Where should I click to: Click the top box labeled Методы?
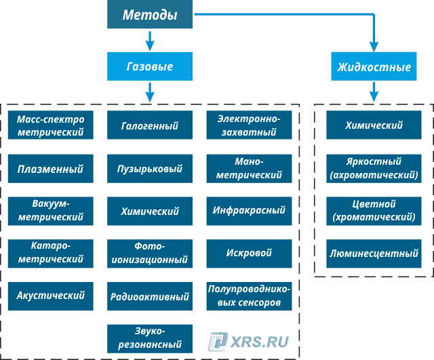pyautogui.click(x=150, y=15)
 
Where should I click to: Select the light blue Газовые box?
pyautogui.click(x=150, y=67)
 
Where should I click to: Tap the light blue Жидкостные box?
pyautogui.click(x=374, y=67)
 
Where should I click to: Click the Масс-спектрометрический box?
pyautogui.click(x=51, y=126)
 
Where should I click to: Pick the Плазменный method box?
pyautogui.click(x=51, y=169)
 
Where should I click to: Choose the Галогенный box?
pyautogui.click(x=150, y=126)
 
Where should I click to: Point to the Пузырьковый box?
pyautogui.click(x=150, y=169)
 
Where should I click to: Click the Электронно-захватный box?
pyautogui.click(x=249, y=126)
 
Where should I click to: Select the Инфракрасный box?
pyautogui.click(x=249, y=211)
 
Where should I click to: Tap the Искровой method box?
pyautogui.click(x=249, y=253)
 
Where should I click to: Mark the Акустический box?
pyautogui.click(x=51, y=296)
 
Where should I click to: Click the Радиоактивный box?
pyautogui.click(x=150, y=296)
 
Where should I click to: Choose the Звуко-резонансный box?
pyautogui.click(x=150, y=338)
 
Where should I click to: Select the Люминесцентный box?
pyautogui.click(x=374, y=254)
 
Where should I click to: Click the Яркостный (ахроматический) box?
pyautogui.click(x=374, y=169)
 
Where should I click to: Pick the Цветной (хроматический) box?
pyautogui.click(x=374, y=211)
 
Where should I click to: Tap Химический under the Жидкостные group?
pyautogui.click(x=374, y=126)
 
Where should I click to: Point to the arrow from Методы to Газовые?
pyautogui.click(x=150, y=41)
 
